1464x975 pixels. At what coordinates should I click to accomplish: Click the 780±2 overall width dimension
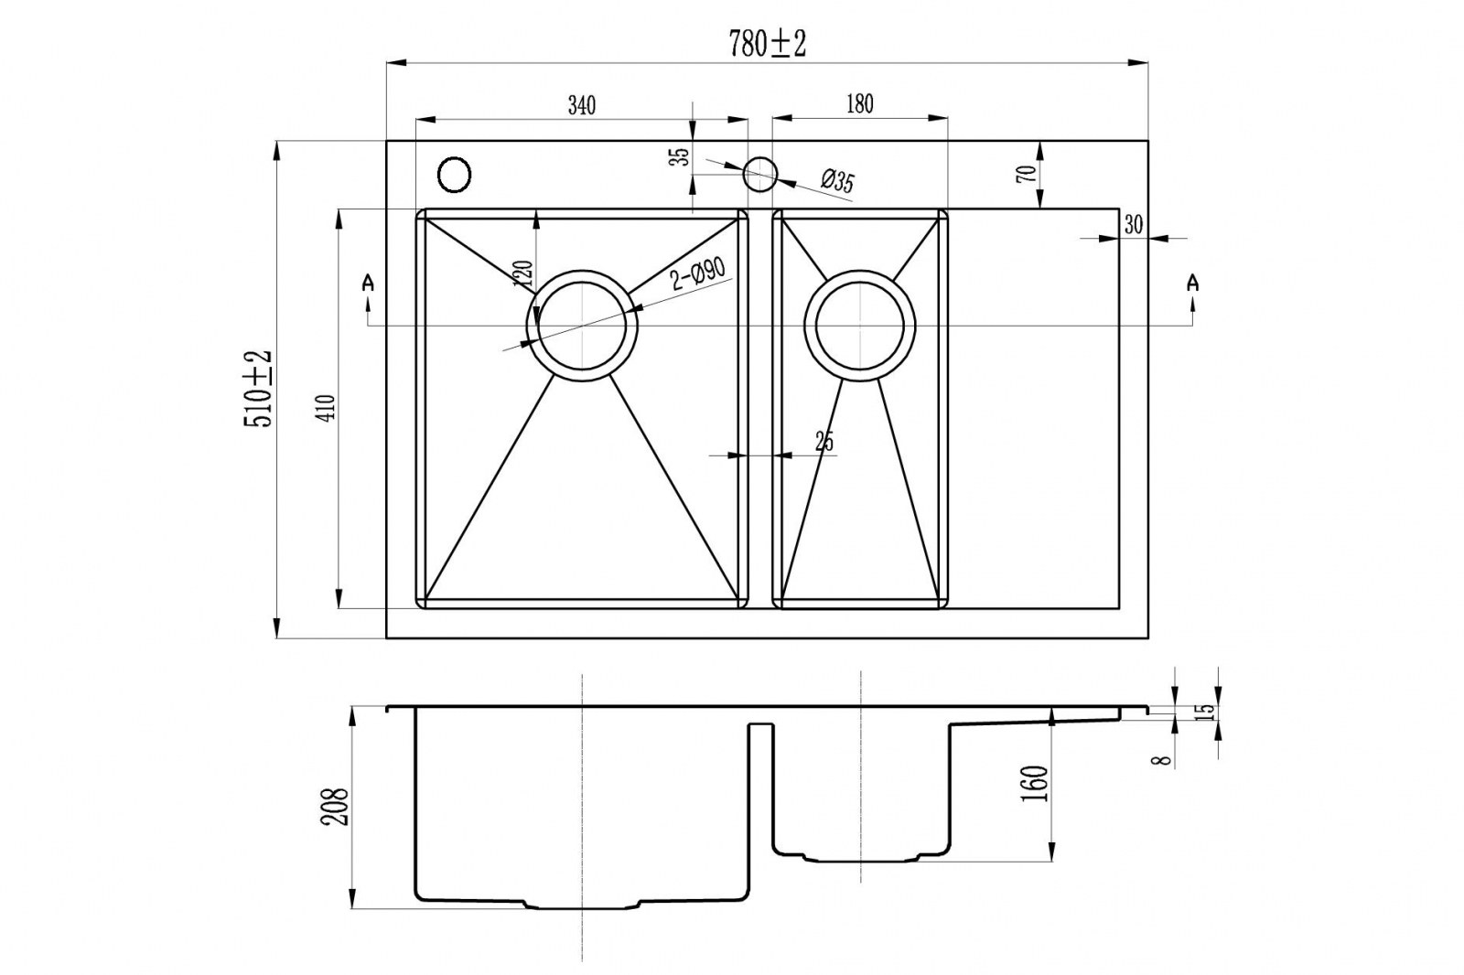click(767, 43)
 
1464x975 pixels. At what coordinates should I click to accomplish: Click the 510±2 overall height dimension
click(258, 388)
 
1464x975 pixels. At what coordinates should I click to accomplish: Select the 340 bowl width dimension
click(581, 105)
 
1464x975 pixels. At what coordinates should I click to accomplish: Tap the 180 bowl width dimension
click(859, 103)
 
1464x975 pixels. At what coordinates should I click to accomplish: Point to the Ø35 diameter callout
click(837, 182)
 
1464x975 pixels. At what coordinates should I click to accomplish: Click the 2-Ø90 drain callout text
click(698, 274)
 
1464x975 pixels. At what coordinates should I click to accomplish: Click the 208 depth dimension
click(337, 807)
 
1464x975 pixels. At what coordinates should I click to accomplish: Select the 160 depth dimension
click(1035, 785)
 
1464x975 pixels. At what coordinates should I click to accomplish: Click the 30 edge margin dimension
click(1133, 224)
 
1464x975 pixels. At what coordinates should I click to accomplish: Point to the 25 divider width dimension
click(823, 442)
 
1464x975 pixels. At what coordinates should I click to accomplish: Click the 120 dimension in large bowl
click(523, 273)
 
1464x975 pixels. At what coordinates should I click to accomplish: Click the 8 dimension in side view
click(1163, 758)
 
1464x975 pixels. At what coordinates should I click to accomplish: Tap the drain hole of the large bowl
click(583, 325)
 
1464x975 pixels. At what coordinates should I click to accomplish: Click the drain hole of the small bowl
click(860, 325)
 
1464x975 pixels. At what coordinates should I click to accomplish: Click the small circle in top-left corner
click(455, 174)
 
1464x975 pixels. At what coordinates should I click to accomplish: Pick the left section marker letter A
click(368, 283)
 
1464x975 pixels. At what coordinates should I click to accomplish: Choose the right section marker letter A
click(1191, 283)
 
